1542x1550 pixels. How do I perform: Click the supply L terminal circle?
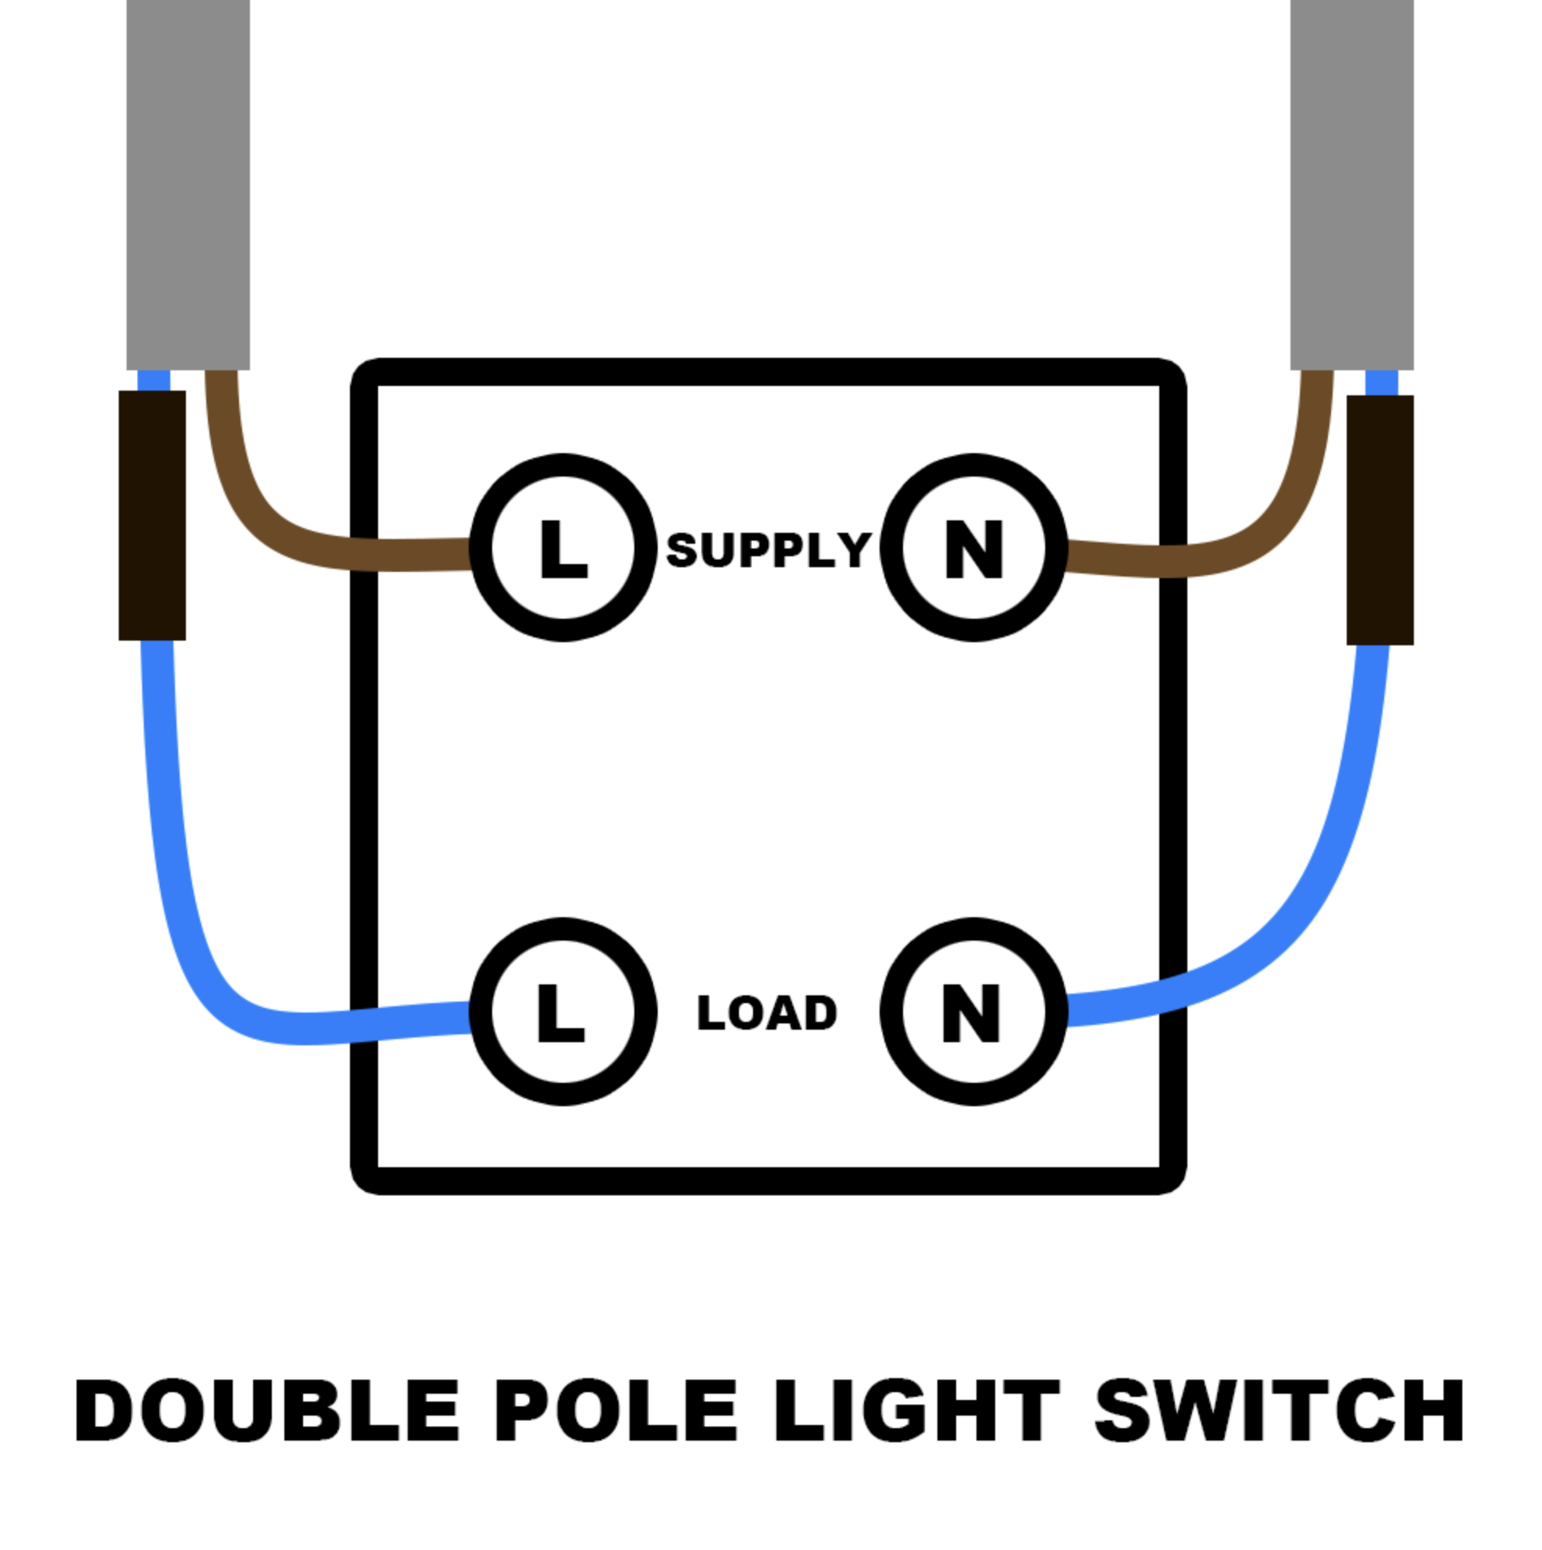click(563, 547)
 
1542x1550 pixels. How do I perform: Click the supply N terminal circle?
click(973, 547)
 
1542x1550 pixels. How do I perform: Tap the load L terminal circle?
click(563, 1012)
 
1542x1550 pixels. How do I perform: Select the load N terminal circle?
click(973, 1012)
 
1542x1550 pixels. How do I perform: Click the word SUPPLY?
click(768, 550)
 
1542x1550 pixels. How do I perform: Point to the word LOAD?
click(767, 1012)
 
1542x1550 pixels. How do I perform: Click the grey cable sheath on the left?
click(187, 184)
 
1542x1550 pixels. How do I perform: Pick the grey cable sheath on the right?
click(1351, 184)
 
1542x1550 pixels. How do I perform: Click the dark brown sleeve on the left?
click(152, 515)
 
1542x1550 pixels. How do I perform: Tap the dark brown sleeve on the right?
click(1380, 519)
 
